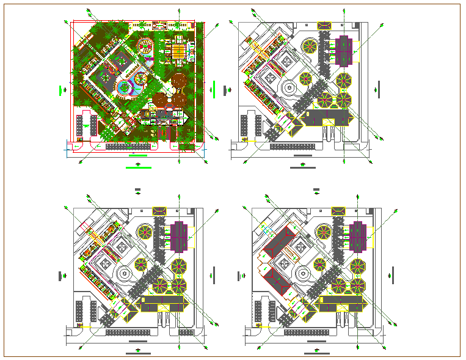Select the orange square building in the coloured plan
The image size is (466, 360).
click(x=177, y=51)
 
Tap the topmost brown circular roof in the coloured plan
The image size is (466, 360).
click(x=179, y=80)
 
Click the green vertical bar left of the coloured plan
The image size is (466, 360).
click(x=60, y=90)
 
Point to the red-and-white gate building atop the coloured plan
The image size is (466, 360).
click(x=160, y=26)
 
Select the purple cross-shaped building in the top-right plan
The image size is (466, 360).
click(x=343, y=51)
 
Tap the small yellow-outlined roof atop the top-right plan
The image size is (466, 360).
click(x=324, y=25)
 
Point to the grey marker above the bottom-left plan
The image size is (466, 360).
click(x=138, y=189)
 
